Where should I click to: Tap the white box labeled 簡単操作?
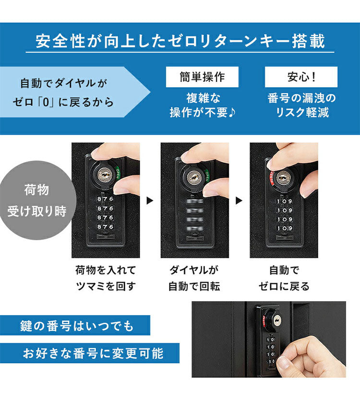(202, 77)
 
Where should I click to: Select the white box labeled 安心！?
(301, 77)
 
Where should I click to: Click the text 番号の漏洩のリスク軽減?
(301, 105)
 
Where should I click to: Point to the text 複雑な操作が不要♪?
(202, 105)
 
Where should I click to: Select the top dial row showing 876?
(105, 198)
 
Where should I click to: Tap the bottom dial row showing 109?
(284, 228)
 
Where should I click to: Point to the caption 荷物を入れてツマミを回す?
(106, 278)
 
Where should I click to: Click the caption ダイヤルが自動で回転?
(194, 278)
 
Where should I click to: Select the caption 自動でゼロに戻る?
(284, 278)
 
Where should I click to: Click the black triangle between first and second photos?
(149, 200)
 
